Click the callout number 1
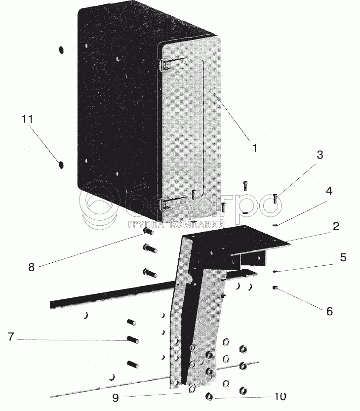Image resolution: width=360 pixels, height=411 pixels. pos(254,147)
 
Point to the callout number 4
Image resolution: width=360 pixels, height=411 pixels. pos(329,190)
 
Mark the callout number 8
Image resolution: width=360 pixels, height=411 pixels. pos(31,267)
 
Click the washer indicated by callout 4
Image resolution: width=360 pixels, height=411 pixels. pos(276,225)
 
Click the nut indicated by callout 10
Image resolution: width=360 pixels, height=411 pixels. pos(209,395)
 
